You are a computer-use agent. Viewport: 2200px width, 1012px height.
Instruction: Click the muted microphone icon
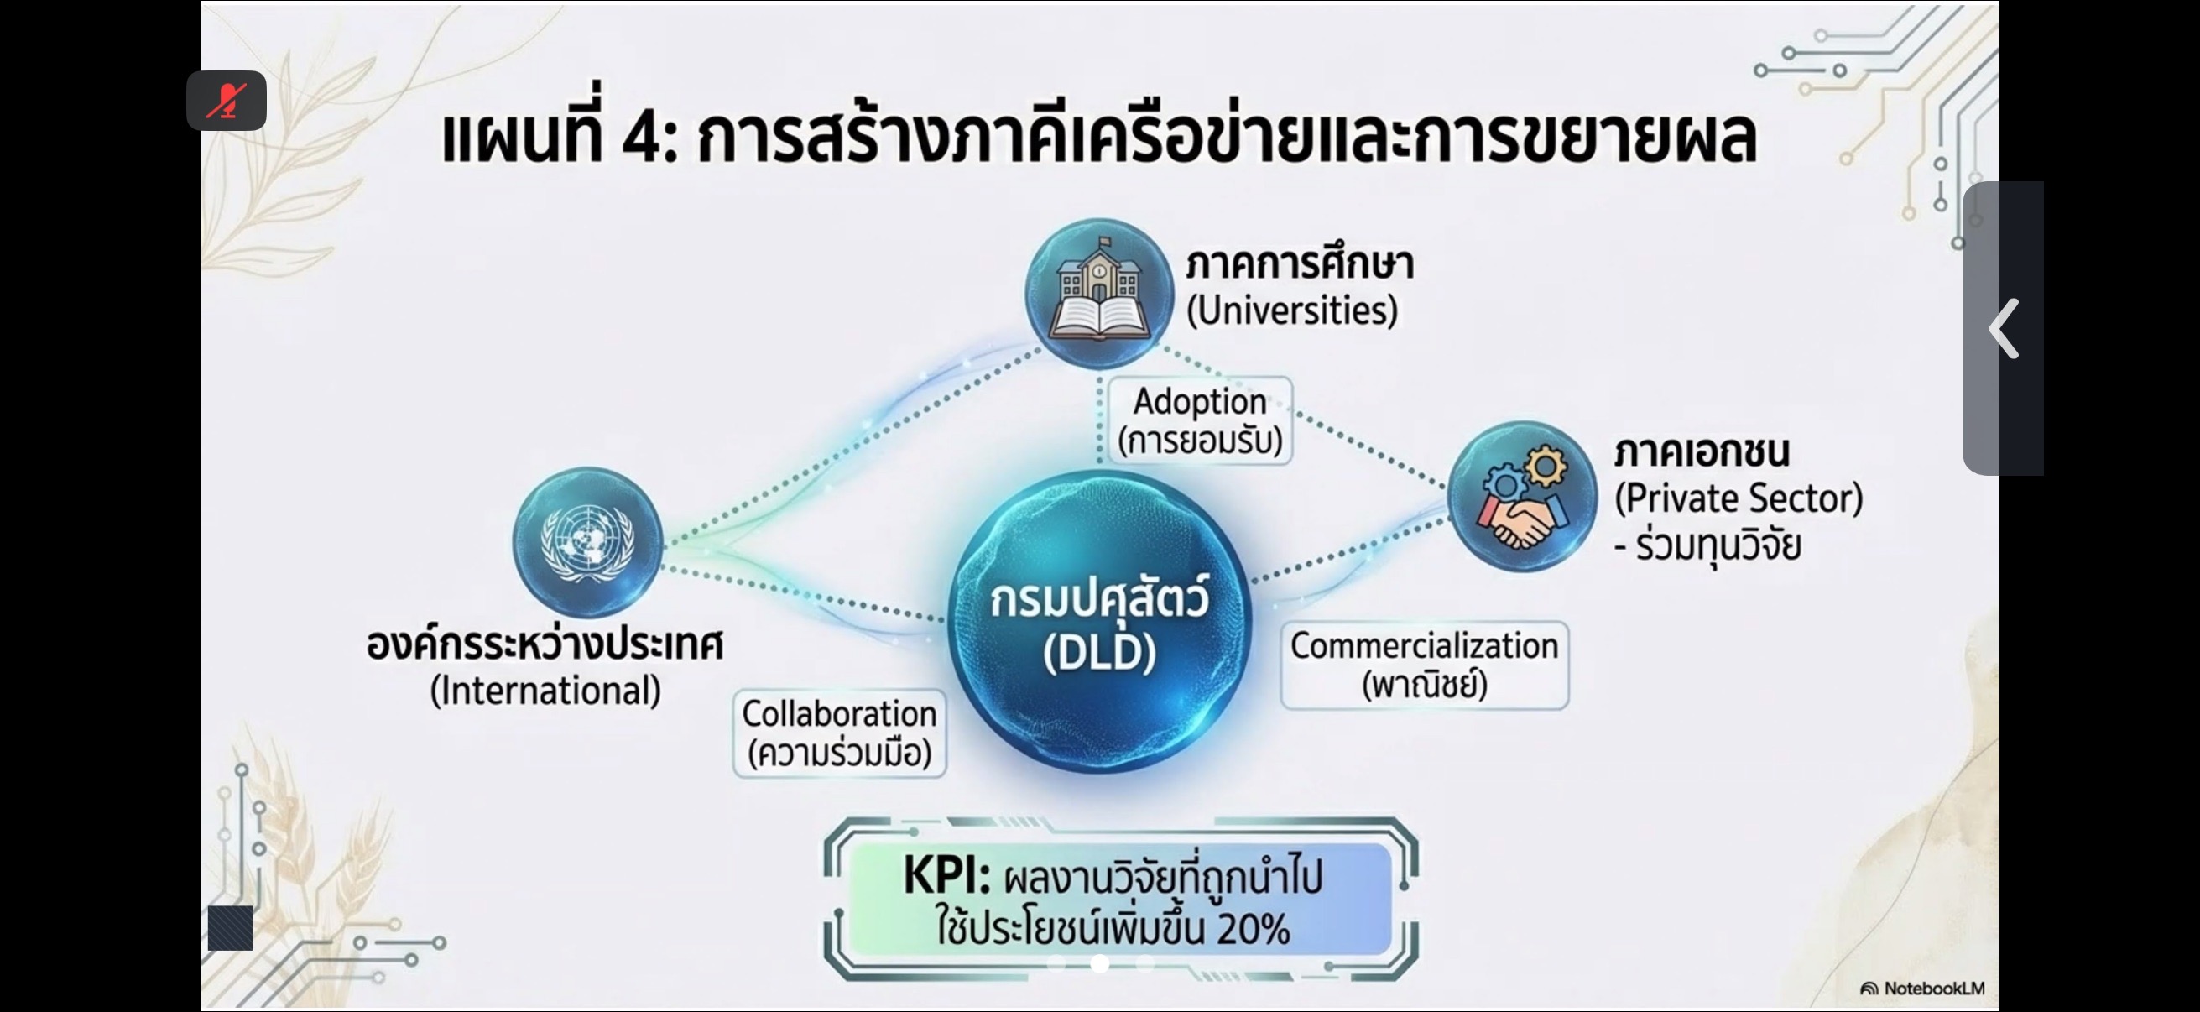pyautogui.click(x=227, y=101)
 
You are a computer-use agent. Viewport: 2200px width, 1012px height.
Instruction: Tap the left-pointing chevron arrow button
pyautogui.click(x=2004, y=328)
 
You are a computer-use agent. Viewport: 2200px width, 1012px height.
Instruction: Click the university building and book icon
pyautogui.click(x=1099, y=293)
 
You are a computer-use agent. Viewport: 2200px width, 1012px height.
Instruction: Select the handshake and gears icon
pyautogui.click(x=1523, y=497)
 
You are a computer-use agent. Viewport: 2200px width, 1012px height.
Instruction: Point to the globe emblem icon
pyautogui.click(x=587, y=541)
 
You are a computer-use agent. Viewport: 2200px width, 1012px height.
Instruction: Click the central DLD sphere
pyautogui.click(x=1100, y=622)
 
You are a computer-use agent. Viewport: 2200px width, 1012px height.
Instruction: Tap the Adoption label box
pyautogui.click(x=1200, y=421)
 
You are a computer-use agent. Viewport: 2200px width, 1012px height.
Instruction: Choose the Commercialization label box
pyautogui.click(x=1425, y=665)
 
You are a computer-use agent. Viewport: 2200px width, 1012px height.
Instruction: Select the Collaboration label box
pyautogui.click(x=840, y=733)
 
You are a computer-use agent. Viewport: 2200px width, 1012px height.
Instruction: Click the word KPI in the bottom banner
pyautogui.click(x=946, y=875)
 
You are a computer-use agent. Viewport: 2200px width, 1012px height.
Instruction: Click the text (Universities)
pyautogui.click(x=1292, y=310)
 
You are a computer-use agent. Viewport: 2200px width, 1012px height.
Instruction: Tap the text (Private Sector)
pyautogui.click(x=1739, y=498)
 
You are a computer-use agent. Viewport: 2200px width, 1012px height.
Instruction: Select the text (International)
pyautogui.click(x=545, y=691)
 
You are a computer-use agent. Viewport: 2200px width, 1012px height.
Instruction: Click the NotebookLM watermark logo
pyautogui.click(x=1922, y=989)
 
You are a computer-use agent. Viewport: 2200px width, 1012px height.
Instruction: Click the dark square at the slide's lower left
pyautogui.click(x=231, y=928)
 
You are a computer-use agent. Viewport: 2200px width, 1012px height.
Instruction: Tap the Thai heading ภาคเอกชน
pyautogui.click(x=1702, y=451)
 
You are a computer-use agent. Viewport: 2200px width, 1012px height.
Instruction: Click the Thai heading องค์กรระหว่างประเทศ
pyautogui.click(x=545, y=642)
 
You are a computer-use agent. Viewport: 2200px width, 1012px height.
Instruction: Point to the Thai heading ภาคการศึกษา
pyautogui.click(x=1300, y=262)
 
